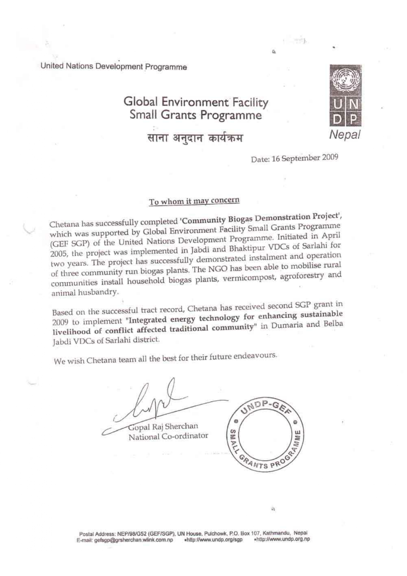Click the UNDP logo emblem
345,96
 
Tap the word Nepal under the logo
345,135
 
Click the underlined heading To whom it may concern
194,201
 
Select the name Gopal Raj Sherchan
163,427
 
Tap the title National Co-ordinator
168,437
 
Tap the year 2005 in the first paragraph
58,255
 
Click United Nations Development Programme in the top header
114,67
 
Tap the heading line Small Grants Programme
196,115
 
